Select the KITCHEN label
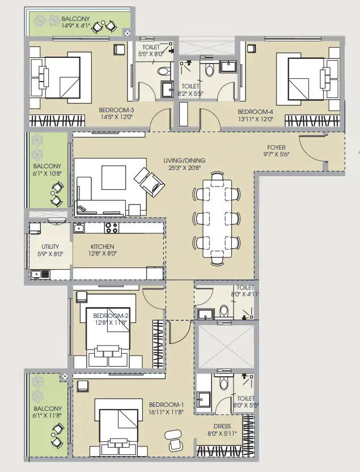pyautogui.click(x=102, y=247)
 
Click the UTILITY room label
pyautogui.click(x=50, y=247)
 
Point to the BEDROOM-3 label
pyautogui.click(x=116, y=110)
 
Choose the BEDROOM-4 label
pyautogui.click(x=255, y=112)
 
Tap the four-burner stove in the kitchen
pyautogui.click(x=111, y=228)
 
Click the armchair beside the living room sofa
pyautogui.click(x=148, y=181)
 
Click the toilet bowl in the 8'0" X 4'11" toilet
pyautogui.click(x=223, y=311)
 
